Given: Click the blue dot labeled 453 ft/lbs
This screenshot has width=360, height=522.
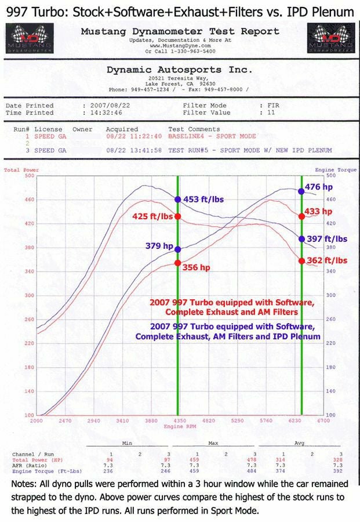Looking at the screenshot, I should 178,199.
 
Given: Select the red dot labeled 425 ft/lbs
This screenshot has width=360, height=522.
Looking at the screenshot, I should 178,216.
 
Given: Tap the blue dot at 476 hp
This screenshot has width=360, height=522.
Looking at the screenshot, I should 301,191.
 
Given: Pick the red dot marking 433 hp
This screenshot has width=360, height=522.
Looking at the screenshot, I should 301,216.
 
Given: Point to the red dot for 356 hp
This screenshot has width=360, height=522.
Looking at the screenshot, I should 178,263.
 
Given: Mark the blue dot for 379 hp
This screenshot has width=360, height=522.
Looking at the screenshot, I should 178,249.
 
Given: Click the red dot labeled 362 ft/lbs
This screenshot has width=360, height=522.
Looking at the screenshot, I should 301,260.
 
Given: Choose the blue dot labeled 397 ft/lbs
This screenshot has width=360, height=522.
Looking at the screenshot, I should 301,239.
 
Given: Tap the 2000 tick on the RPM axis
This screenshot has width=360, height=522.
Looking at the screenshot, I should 37,420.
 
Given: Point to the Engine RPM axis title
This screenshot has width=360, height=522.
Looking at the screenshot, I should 177,426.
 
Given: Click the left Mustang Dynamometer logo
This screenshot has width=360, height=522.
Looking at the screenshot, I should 29,38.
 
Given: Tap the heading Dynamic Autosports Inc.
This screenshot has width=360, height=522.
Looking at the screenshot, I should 180,70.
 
